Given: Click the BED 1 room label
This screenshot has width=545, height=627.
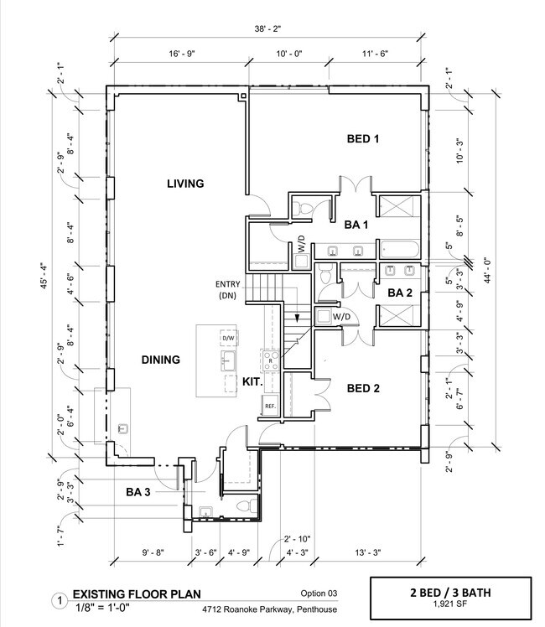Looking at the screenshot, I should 364,138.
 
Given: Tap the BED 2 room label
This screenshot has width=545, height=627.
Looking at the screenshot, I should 364,388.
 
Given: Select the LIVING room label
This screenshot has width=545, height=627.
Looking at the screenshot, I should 185,184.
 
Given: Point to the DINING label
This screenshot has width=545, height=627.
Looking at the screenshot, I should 160,360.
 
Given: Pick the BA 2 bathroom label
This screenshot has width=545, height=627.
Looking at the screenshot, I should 399,293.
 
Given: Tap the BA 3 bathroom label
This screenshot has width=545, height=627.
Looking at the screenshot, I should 138,492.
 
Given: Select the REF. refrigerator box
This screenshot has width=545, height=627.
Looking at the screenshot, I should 270,406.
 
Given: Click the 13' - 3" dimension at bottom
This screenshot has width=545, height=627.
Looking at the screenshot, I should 370,552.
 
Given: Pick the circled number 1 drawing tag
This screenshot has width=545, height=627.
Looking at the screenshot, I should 60,601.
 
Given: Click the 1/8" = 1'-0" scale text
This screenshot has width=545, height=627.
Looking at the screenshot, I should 109,609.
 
